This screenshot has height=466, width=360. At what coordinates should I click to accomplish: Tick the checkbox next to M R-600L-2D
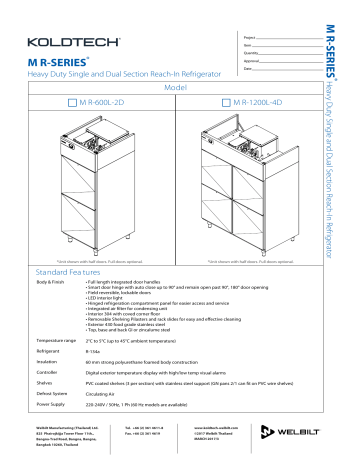coord(71,102)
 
